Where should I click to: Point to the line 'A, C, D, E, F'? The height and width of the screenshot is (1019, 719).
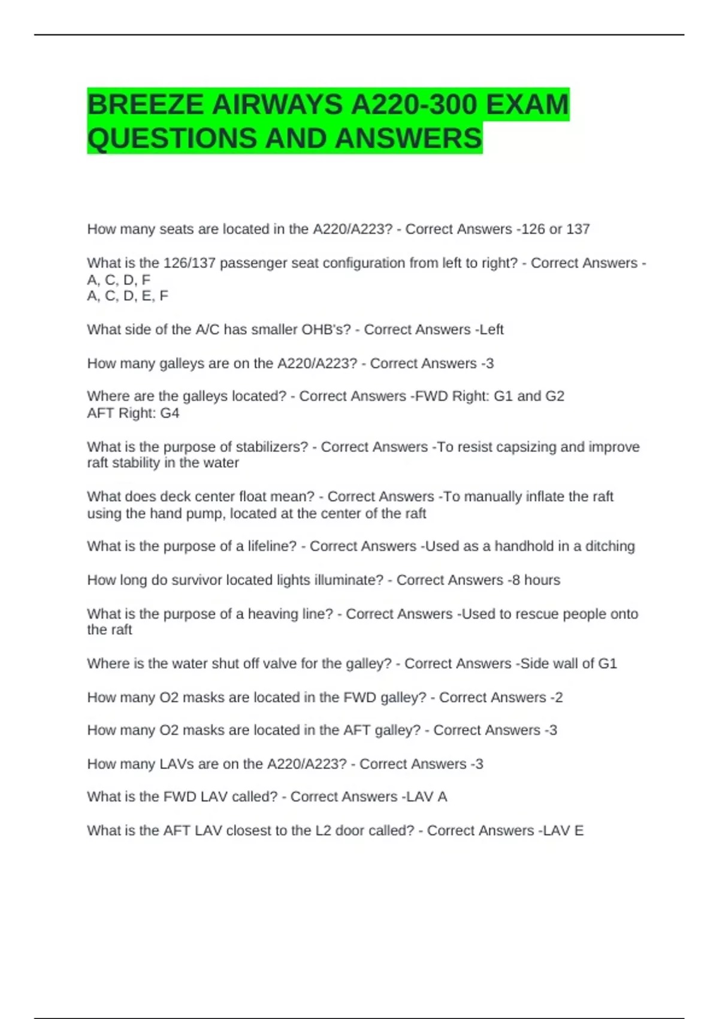pos(128,296)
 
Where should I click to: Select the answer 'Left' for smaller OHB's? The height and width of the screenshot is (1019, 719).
pos(492,330)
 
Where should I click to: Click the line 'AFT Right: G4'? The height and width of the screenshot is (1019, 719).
pos(133,413)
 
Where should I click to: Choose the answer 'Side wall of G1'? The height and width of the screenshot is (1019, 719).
pos(569,664)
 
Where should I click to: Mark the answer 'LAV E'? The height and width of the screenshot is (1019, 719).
pos(564,830)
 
